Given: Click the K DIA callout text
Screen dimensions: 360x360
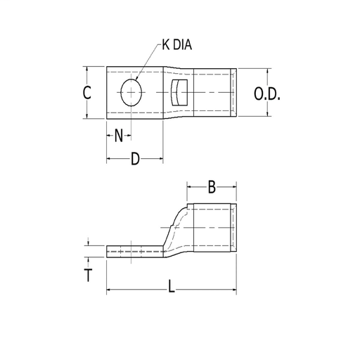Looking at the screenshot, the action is pos(177,44).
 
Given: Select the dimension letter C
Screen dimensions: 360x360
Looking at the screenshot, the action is pos(86,93).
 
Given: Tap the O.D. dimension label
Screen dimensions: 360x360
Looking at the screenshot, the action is pos(267,94).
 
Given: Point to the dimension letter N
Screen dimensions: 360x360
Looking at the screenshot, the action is pos(119,136).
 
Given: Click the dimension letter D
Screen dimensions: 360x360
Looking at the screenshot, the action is pos(135,159).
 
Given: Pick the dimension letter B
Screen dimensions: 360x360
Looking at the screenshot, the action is pos(212,187).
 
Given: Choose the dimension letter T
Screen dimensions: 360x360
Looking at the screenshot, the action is pos(88,275).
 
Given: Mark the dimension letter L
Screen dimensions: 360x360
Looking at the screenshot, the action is pos(172,286).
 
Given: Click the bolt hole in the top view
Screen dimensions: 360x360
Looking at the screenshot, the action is pos(131,92).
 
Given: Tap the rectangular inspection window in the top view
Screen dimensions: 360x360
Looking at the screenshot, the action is pos(179,93).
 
